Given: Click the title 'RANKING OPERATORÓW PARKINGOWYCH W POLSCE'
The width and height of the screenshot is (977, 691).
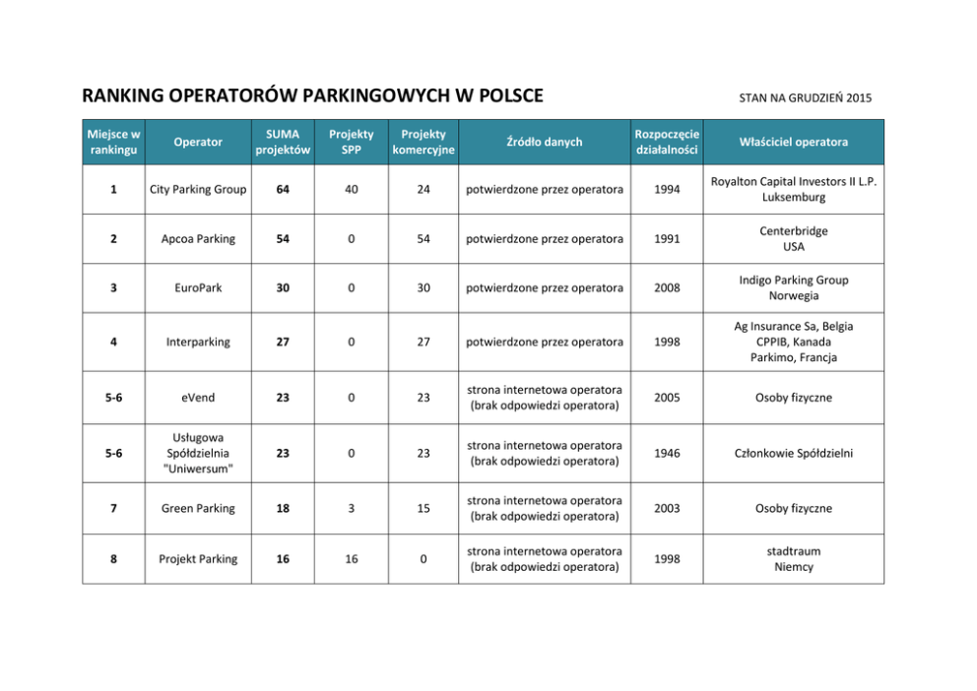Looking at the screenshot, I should (x=312, y=96).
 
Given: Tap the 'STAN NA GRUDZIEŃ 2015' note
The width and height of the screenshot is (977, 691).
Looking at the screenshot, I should (x=805, y=97).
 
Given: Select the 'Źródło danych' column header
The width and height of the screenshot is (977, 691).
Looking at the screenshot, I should (x=544, y=142).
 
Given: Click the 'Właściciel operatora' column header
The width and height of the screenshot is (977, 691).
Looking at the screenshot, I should (x=793, y=142).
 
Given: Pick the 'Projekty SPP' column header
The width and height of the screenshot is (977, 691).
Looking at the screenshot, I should (x=351, y=142).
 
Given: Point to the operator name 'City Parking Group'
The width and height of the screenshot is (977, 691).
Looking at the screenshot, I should (x=197, y=189).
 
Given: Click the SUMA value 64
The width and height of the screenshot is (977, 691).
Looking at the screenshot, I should (x=283, y=189).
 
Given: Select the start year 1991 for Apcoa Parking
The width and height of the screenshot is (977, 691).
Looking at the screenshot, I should (x=667, y=239).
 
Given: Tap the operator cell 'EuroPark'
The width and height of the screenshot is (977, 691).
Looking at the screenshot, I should (x=197, y=287).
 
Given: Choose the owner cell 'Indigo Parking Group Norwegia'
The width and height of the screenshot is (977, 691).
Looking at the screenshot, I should (x=793, y=287).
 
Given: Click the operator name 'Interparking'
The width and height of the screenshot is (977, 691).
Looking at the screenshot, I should (x=197, y=342).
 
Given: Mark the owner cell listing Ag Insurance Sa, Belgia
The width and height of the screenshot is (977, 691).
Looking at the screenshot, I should (x=793, y=342).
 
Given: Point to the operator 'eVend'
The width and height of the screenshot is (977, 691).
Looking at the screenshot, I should (x=197, y=398).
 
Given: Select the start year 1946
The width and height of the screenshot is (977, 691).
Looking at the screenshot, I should (x=667, y=453).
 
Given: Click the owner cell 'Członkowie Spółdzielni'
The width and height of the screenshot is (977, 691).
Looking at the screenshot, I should (x=793, y=453).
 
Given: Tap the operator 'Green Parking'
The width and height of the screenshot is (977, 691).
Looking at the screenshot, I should (x=197, y=508).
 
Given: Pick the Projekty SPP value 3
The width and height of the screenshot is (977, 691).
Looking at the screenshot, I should (x=351, y=508).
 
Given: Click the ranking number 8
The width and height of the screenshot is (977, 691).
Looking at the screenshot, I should (x=113, y=559).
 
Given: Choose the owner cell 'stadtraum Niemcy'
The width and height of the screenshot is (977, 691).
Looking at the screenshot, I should (x=793, y=559).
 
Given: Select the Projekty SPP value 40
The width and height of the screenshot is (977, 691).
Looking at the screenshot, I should (x=351, y=189).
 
